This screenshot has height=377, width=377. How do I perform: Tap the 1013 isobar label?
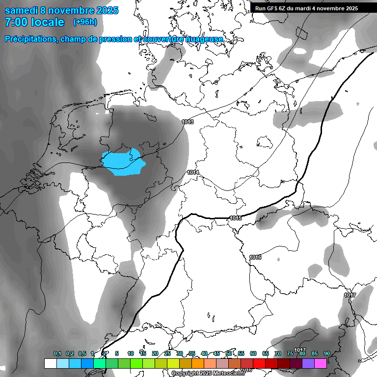point(188,122)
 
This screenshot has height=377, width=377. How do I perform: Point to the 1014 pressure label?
point(193,172)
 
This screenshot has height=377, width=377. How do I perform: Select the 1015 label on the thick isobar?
point(236,218)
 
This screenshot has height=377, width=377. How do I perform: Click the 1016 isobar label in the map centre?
point(255,258)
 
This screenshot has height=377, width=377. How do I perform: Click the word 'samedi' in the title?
point(22,10)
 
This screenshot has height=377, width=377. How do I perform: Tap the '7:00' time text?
point(18,22)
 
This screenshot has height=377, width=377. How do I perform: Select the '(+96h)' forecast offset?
point(85,22)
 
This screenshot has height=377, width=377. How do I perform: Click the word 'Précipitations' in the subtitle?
point(31,39)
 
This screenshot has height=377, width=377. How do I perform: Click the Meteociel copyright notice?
point(209,374)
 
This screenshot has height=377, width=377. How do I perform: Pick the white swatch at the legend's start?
point(50,363)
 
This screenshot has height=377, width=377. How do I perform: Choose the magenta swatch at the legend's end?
point(321,363)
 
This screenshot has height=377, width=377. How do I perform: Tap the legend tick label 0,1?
point(57,354)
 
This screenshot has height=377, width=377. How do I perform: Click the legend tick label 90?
point(327,354)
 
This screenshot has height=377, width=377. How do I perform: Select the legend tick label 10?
point(131,354)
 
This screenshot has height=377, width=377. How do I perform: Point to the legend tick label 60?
point(253,354)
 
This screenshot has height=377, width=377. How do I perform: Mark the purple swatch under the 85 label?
point(308,363)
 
